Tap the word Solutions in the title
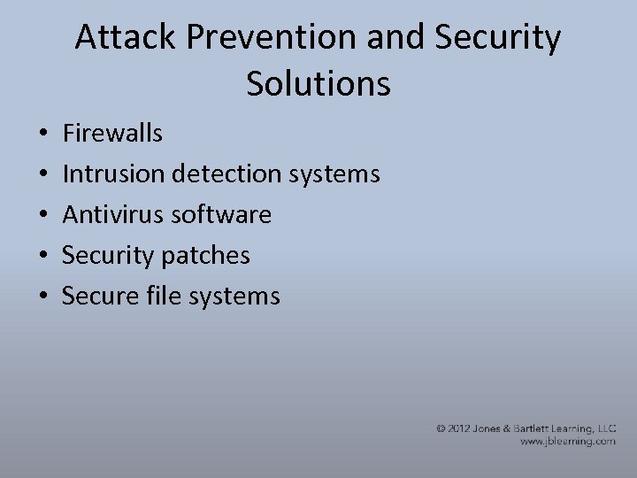click(x=318, y=84)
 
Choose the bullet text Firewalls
click(x=112, y=134)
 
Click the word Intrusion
click(x=112, y=174)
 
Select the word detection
click(x=227, y=174)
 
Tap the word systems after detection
click(x=336, y=174)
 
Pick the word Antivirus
click(x=113, y=215)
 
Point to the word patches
click(x=206, y=256)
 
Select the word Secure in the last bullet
click(x=99, y=297)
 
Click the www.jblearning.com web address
click(x=567, y=441)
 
